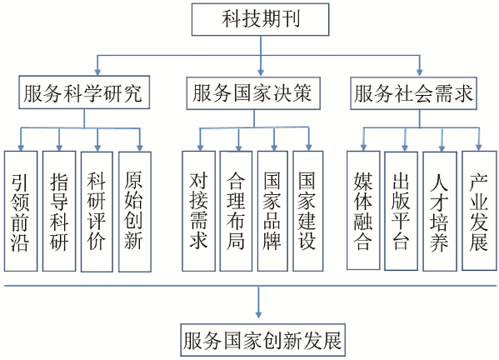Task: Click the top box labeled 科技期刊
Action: coord(260,19)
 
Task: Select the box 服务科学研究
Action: coord(84,92)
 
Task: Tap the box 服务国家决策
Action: coord(253,93)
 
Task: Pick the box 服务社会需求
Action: coord(413,93)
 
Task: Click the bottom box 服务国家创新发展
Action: coord(263,340)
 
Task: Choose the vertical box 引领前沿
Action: coord(21,211)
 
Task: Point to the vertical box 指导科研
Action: coord(59,211)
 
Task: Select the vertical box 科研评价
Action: coord(97,212)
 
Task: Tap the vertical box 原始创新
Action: coord(135,212)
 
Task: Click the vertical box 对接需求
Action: coord(198,211)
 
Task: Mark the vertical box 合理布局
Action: coord(236,211)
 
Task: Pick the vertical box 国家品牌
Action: coord(272,211)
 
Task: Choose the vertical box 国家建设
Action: coord(307,211)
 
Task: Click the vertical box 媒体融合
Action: coord(363,210)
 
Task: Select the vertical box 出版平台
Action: coord(401,211)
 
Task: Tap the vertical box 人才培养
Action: coord(440,212)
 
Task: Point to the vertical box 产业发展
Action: coord(479,211)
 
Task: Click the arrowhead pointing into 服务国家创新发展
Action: coord(258,314)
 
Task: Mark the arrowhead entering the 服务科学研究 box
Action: coord(97,72)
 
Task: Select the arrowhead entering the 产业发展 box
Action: coord(479,147)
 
